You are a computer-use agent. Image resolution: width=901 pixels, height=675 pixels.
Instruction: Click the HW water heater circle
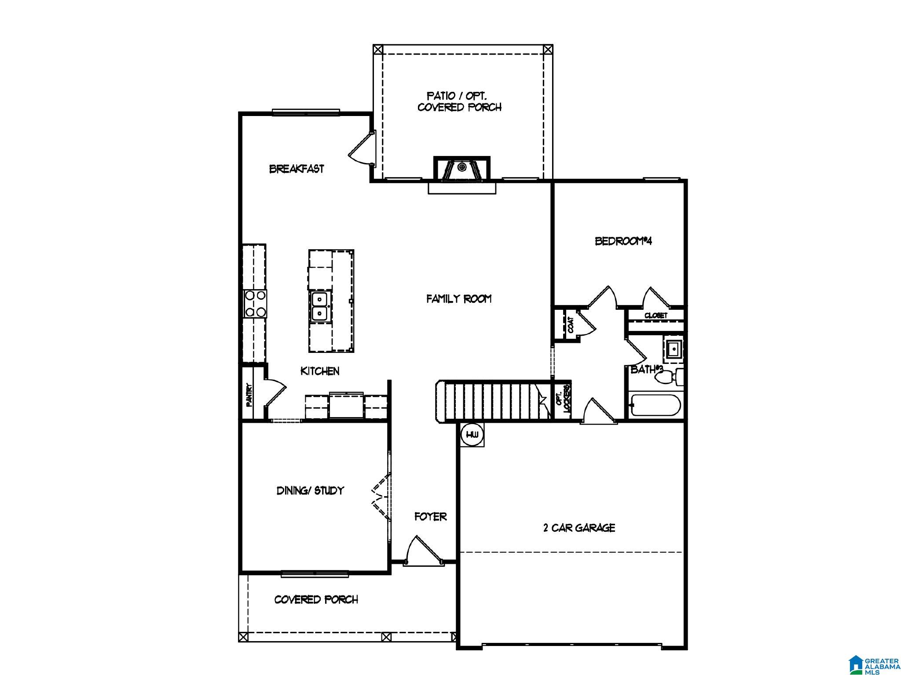tap(472, 435)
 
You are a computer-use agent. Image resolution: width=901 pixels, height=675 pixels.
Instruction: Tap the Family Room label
tap(459, 299)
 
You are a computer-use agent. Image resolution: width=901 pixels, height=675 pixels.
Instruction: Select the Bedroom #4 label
tap(623, 241)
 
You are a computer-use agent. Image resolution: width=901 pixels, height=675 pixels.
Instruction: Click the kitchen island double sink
tap(319, 306)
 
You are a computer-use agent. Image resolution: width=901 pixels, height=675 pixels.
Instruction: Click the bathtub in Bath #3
tap(656, 406)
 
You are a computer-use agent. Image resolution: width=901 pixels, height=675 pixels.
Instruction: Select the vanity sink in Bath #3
tap(673, 350)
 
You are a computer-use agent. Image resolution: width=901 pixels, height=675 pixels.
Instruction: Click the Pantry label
tap(249, 395)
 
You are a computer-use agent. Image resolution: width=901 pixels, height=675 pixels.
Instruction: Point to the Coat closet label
tap(571, 325)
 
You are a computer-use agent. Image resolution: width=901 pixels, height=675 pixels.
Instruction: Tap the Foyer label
tap(431, 517)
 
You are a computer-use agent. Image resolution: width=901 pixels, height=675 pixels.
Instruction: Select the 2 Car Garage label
tap(579, 528)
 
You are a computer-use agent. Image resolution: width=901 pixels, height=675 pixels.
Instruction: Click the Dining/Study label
tap(310, 490)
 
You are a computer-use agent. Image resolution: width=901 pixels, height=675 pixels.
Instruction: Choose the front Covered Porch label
tap(316, 599)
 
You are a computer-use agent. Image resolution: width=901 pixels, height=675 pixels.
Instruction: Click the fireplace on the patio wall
tap(461, 169)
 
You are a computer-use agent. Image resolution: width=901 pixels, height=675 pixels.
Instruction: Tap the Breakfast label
tap(297, 169)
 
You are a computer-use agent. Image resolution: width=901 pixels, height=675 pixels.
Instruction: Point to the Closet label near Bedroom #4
tap(656, 316)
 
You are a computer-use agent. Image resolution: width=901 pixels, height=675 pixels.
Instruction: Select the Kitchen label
tap(320, 371)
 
